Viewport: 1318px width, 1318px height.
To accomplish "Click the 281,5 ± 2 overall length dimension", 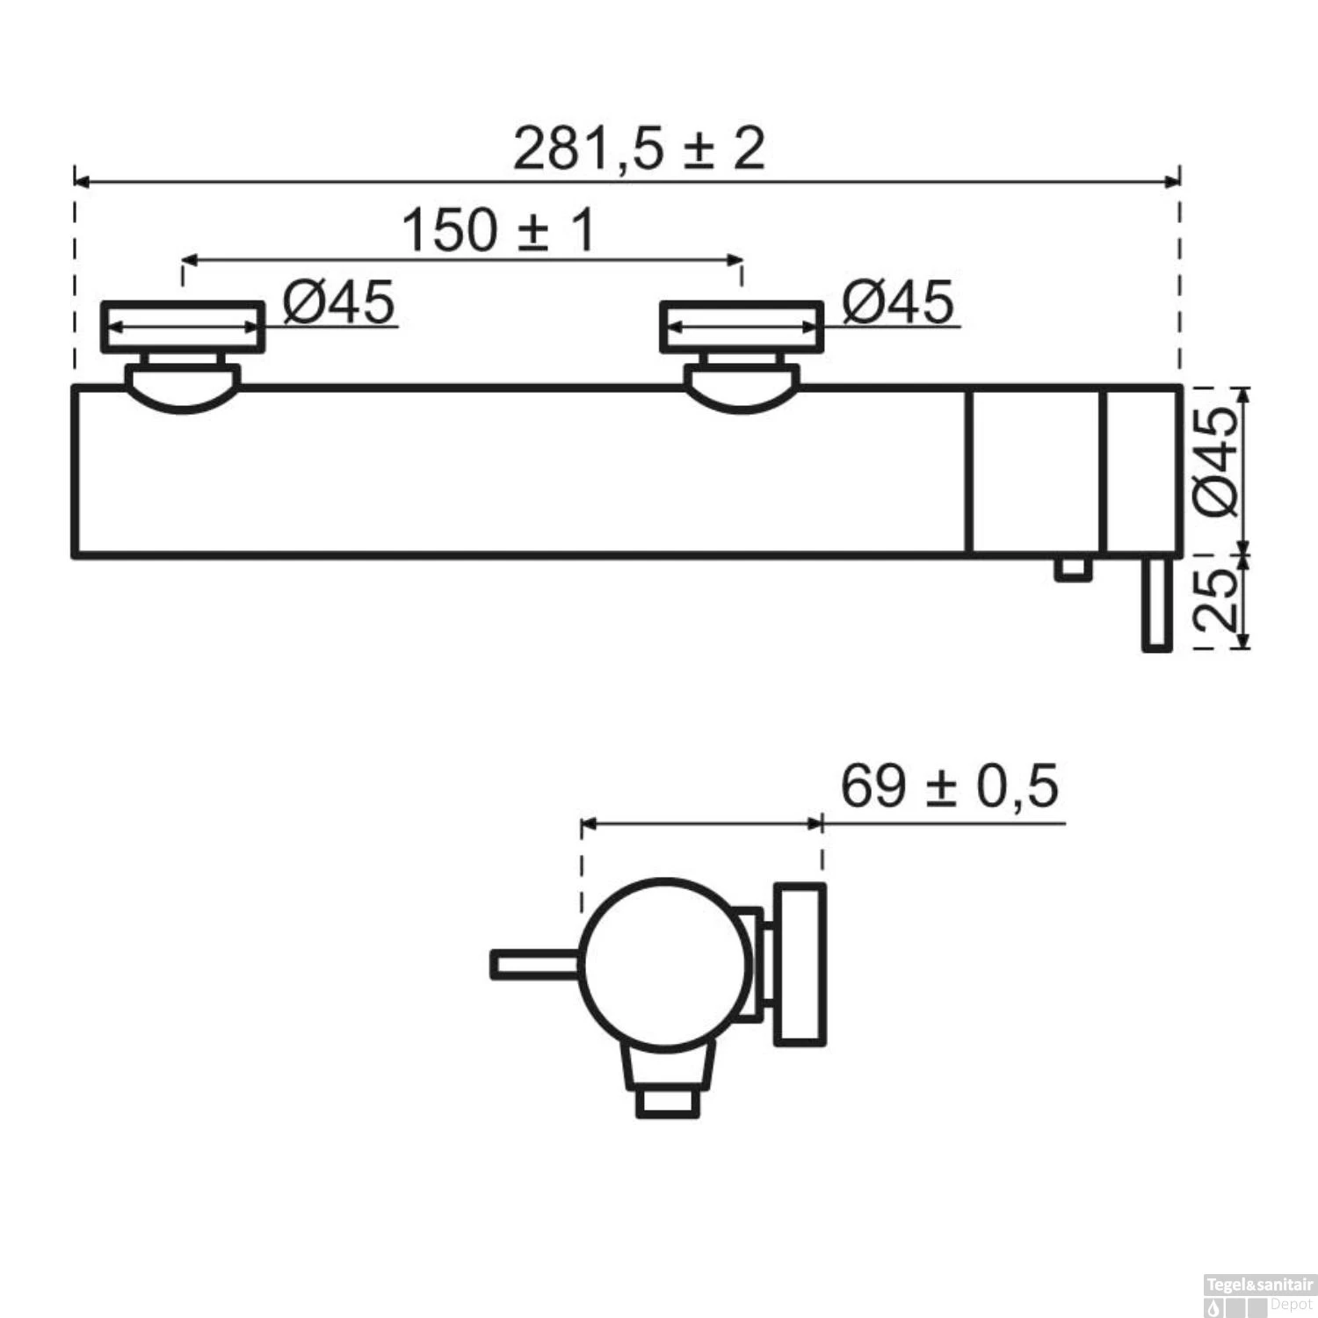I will click(639, 148).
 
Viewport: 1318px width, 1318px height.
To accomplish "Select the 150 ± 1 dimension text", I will click(497, 230).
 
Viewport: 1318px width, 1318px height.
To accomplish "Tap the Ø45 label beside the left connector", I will click(338, 302).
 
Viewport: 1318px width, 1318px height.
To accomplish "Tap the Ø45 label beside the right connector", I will click(897, 302).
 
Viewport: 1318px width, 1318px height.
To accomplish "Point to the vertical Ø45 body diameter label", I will click(1217, 460).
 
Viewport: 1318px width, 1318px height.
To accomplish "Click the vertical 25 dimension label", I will click(1217, 599).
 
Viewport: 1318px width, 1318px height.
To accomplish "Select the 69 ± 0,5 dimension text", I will click(949, 786).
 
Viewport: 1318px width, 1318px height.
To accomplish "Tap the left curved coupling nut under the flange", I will click(183, 392).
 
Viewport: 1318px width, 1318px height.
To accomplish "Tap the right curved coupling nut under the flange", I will click(742, 392).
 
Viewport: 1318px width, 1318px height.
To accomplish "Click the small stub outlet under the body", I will click(1074, 568).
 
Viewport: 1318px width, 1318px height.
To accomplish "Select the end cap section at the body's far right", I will click(1141, 471).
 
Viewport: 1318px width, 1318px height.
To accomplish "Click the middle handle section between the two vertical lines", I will click(1034, 471).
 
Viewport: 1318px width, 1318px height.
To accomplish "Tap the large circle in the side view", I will click(665, 964).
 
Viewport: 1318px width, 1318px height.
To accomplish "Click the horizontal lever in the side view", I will click(534, 964).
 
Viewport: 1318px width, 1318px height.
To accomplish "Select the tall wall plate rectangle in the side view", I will click(800, 964).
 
